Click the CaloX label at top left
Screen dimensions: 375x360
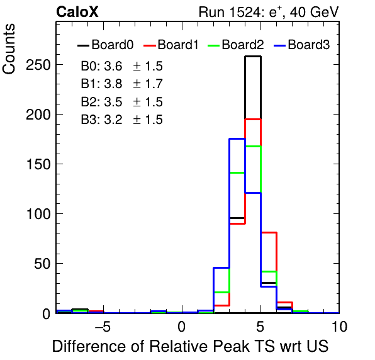coord(77,12)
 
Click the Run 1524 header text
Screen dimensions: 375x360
coord(269,12)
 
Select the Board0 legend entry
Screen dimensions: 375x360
coord(106,45)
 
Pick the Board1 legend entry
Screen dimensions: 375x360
coord(171,45)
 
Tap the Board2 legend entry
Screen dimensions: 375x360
coord(235,45)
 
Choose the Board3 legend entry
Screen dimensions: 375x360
coord(302,45)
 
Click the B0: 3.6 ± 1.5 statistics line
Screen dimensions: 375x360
coord(121,66)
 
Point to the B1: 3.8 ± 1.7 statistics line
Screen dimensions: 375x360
coord(121,84)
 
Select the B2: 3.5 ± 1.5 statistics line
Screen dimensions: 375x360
coord(121,102)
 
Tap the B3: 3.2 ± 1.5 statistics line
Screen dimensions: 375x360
coord(121,120)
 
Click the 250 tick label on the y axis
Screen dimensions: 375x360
coord(38,65)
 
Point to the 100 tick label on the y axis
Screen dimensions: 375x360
coord(38,214)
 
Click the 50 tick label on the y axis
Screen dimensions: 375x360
coord(42,264)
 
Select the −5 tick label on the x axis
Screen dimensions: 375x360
coord(103,327)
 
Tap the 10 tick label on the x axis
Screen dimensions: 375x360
coord(339,327)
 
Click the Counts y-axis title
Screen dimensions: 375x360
coord(9,49)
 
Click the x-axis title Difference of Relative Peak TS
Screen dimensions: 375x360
coord(191,346)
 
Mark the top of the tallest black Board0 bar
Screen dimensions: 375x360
coord(253,57)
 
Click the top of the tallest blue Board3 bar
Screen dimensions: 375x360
coord(237,138)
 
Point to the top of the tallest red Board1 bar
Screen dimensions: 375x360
coord(253,119)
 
